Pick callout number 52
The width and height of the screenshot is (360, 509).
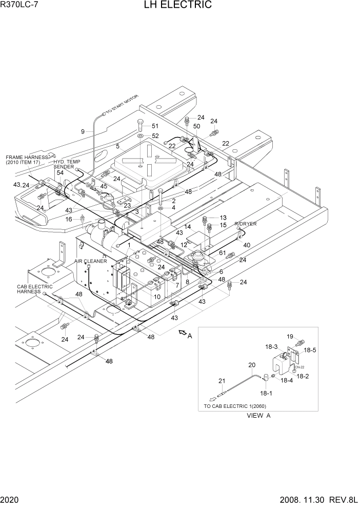click(x=155, y=136)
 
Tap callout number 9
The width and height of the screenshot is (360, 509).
click(x=83, y=131)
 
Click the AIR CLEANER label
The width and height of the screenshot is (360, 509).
click(x=91, y=261)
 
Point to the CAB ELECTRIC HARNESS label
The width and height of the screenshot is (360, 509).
click(x=29, y=289)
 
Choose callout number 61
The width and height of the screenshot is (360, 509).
click(x=223, y=253)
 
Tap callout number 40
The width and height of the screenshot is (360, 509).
click(x=247, y=245)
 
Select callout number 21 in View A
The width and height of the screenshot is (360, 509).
click(x=223, y=381)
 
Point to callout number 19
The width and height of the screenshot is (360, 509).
click(x=289, y=337)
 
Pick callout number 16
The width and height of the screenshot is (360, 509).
click(x=69, y=219)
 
